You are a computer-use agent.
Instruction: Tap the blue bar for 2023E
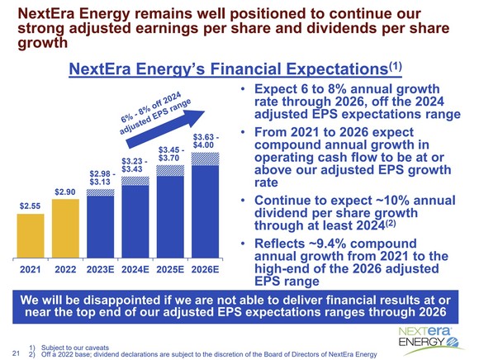pos(101,227)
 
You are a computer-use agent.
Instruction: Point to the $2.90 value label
pos(65,192)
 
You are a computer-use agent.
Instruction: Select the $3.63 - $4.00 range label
pos(204,141)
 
